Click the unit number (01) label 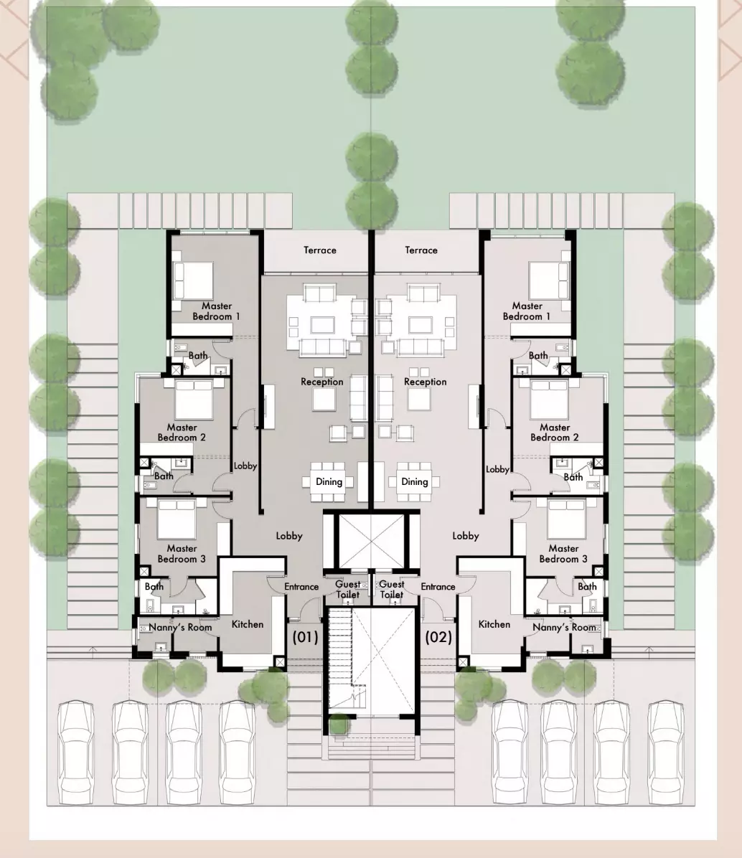coord(305,637)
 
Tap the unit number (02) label coord(439,637)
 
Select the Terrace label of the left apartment coord(320,250)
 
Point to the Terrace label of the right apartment coord(421,250)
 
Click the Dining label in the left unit coord(329,482)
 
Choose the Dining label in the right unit coord(415,482)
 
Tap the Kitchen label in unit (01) coord(248,624)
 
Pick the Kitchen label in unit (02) coord(494,624)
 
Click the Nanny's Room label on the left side coord(180,628)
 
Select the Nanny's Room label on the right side coord(564,628)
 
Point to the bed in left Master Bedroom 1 coord(192,280)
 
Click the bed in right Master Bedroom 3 coord(566,518)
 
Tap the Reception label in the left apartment coord(322,382)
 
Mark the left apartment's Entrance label coord(301,587)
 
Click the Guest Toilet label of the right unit coord(392,589)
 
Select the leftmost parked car coord(75,753)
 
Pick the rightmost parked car coord(666,753)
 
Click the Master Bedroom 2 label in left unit coord(182,433)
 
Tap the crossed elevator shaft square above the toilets coord(372,541)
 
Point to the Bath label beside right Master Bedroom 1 coord(538,356)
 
